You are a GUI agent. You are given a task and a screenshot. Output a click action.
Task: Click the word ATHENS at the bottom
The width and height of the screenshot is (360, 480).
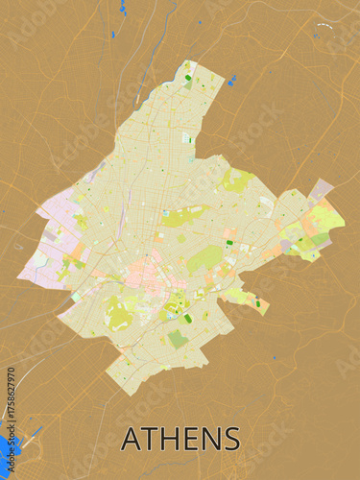click(x=180, y=439)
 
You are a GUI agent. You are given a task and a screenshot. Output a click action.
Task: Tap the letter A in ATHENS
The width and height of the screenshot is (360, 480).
click(x=130, y=439)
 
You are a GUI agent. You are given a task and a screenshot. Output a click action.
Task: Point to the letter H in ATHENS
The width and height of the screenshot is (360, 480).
click(x=167, y=439)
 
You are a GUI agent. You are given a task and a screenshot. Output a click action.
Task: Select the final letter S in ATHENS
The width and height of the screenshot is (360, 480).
click(x=231, y=439)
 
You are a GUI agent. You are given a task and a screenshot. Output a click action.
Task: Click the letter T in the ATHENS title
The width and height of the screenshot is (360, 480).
click(x=148, y=439)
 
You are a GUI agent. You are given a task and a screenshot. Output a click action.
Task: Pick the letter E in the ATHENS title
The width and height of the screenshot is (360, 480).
click(x=188, y=439)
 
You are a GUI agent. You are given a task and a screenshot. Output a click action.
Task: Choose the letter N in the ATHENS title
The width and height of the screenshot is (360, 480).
click(x=209, y=439)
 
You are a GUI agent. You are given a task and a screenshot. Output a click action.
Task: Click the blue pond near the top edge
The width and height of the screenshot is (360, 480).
click(x=123, y=9)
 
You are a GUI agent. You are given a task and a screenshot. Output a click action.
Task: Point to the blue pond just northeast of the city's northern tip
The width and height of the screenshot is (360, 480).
click(x=231, y=81)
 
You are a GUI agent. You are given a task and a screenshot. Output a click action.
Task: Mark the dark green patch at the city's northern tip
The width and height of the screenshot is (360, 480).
click(x=188, y=78)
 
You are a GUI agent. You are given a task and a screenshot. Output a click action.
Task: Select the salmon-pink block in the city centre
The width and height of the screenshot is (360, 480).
click(x=142, y=273)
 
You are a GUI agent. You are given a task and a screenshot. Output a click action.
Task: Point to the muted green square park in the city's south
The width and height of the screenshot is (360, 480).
click(x=178, y=338)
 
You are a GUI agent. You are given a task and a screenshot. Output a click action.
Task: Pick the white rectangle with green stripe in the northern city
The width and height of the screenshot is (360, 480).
click(x=187, y=137)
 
